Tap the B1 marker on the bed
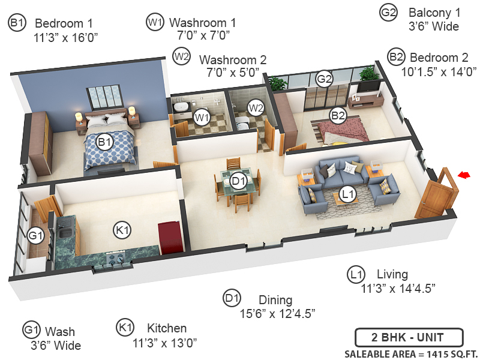[106, 142]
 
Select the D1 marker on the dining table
[239, 180]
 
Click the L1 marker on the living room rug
[347, 193]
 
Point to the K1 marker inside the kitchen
[123, 229]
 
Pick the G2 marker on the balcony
[324, 79]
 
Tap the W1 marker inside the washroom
[201, 116]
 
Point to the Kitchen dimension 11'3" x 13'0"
[164, 343]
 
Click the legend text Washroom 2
[233, 60]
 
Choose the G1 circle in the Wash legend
[31, 331]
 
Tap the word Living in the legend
[392, 274]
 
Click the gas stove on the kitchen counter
[116, 258]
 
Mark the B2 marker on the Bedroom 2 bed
[338, 115]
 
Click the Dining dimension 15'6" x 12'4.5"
[277, 313]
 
